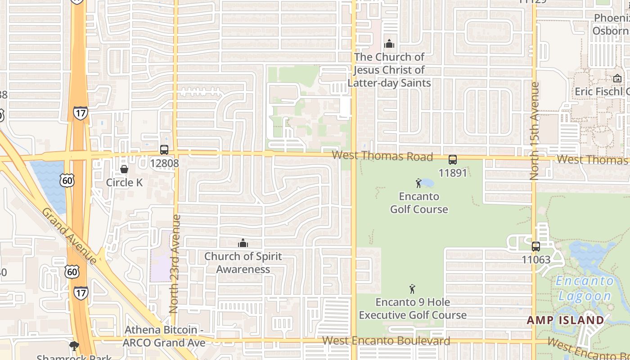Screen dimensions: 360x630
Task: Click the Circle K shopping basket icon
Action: tap(124, 169)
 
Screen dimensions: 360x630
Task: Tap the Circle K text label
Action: tap(124, 182)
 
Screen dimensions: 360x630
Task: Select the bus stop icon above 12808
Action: tap(164, 150)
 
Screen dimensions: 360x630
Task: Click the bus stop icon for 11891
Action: tap(453, 160)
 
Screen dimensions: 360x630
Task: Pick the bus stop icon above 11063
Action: tap(535, 247)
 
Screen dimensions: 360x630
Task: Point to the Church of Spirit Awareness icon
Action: tap(243, 243)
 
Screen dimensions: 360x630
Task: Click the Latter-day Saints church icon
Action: tap(389, 44)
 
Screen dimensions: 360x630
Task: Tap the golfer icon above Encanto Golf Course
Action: tap(418, 183)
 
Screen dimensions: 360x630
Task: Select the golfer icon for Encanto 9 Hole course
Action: tap(412, 289)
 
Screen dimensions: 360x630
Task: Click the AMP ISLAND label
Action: tap(565, 320)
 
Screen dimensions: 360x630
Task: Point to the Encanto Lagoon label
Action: tap(585, 288)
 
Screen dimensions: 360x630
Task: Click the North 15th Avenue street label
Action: tap(535, 130)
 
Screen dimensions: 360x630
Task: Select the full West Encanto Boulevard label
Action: tap(386, 341)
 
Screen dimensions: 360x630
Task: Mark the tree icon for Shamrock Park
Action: tap(74, 346)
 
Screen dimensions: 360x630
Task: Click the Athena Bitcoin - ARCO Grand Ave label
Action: tap(164, 336)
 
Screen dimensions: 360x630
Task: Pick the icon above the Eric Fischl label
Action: tap(617, 78)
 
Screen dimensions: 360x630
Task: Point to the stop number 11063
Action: tap(536, 260)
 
